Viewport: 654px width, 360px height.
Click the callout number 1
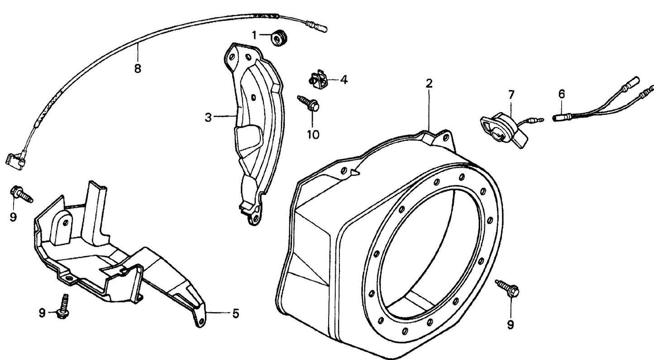pyautogui.click(x=254, y=35)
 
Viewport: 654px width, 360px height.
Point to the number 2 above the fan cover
pyautogui.click(x=429, y=83)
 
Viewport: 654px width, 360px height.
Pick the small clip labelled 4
pyautogui.click(x=320, y=79)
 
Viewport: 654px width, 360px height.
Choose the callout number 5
pyautogui.click(x=235, y=313)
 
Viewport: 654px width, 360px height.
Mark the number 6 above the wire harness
pyautogui.click(x=561, y=94)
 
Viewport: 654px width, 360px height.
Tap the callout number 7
pyautogui.click(x=511, y=95)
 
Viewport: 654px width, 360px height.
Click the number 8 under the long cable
pyautogui.click(x=138, y=69)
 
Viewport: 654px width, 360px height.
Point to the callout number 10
pyautogui.click(x=313, y=134)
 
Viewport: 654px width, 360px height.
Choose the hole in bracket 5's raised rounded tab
pyautogui.click(x=65, y=221)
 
